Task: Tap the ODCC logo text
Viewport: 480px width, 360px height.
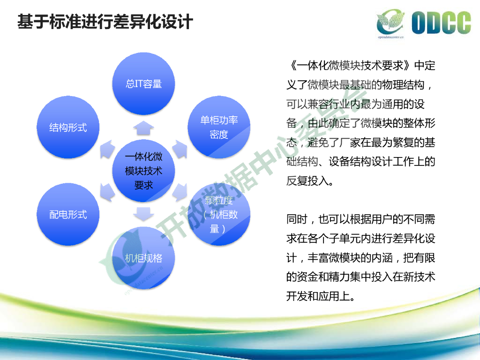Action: (441, 23)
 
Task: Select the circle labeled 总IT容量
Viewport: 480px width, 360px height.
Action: (143, 84)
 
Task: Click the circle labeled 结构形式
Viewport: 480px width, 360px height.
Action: (68, 127)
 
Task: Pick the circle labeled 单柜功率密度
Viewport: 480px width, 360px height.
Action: (219, 127)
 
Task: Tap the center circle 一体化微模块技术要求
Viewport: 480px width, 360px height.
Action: (143, 171)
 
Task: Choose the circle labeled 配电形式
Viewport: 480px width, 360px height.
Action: (68, 214)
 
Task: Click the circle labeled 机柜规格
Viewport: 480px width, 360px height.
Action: (143, 258)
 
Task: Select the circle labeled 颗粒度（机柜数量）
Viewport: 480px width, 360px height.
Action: (219, 214)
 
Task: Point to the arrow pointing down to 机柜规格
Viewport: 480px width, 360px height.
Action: (143, 214)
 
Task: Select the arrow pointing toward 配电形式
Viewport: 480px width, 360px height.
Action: (107, 192)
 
